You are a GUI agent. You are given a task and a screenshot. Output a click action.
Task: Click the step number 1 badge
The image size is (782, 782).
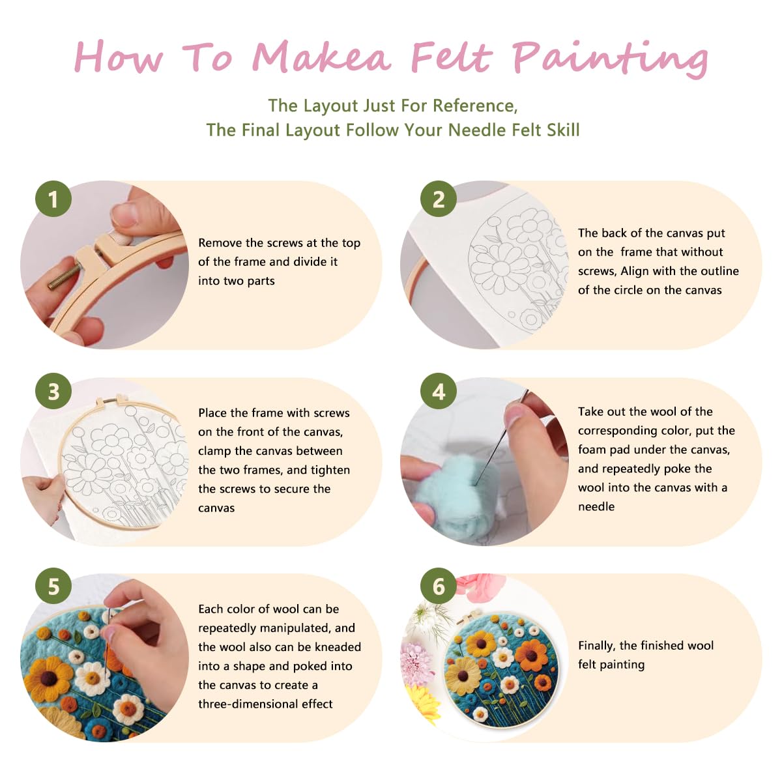53,199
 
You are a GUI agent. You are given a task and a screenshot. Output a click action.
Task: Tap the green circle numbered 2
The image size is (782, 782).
439,199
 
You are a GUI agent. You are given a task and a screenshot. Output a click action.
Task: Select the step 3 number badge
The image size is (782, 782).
53,391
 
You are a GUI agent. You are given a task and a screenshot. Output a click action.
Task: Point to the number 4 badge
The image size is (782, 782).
439,391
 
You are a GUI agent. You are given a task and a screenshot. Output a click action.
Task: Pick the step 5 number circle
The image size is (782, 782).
53,586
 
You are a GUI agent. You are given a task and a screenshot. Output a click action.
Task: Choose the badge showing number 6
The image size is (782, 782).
439,586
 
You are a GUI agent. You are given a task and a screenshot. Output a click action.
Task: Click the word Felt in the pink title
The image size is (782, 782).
450,57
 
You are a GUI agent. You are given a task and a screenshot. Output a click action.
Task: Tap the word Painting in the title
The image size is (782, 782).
609,59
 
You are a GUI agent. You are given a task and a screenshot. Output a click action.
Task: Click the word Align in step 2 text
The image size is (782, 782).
634,271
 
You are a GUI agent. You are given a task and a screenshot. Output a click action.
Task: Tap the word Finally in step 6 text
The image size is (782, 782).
596,646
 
